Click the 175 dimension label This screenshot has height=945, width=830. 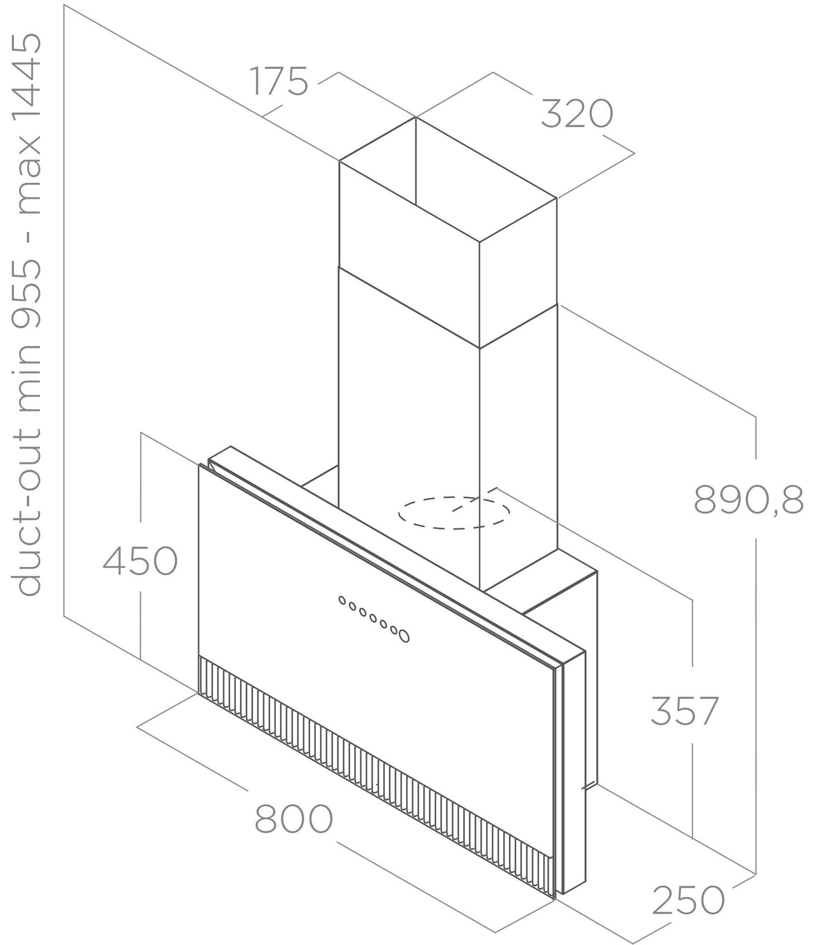[279, 81]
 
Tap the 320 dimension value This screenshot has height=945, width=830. [577, 114]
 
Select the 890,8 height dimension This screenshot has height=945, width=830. [749, 500]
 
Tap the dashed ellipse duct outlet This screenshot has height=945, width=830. [454, 512]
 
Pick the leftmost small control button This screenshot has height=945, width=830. [342, 601]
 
